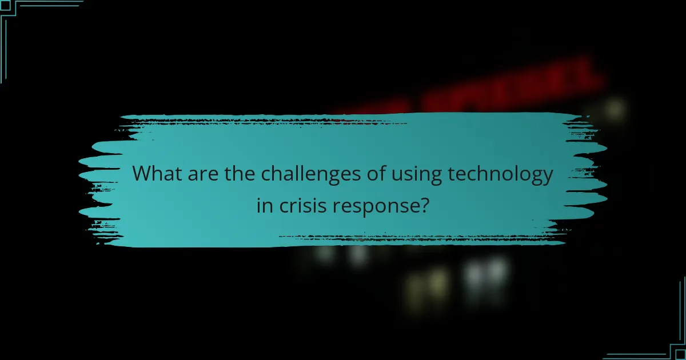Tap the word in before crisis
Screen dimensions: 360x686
[x=265, y=205]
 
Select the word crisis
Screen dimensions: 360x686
[x=301, y=205]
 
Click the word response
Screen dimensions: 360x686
[x=374, y=206]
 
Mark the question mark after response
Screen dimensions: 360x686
[x=424, y=205]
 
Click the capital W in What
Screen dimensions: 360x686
[x=143, y=174]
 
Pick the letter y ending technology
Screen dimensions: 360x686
[x=548, y=177]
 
